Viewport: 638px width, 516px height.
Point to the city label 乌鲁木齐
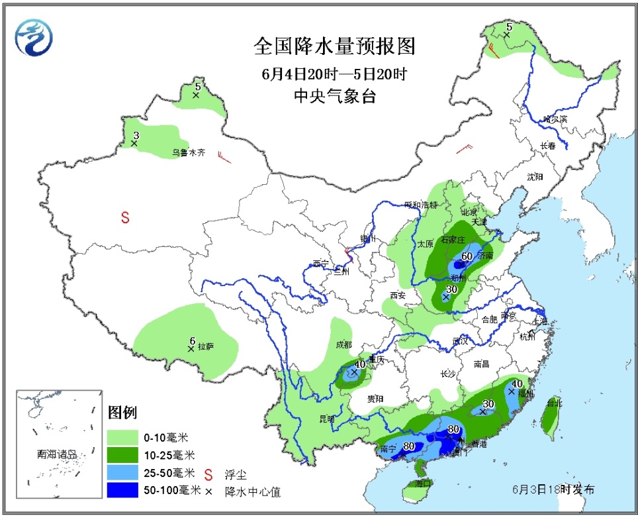click(x=189, y=152)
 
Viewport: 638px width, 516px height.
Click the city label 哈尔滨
click(x=555, y=119)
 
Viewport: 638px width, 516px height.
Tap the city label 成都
click(x=343, y=344)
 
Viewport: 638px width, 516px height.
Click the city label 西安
click(x=397, y=295)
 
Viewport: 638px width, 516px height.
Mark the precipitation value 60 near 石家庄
click(x=466, y=256)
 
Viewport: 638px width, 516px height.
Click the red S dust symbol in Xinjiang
click(x=124, y=217)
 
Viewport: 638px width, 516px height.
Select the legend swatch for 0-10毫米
click(x=122, y=437)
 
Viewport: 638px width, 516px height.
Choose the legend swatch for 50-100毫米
click(x=122, y=491)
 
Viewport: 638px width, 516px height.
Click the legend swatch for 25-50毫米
click(x=122, y=473)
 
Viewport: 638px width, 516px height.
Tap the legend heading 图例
click(x=122, y=412)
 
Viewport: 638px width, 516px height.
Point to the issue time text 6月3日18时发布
click(x=553, y=489)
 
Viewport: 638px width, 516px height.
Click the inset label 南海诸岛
click(x=58, y=454)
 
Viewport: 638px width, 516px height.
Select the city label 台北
click(x=554, y=402)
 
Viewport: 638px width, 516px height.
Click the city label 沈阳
click(x=534, y=177)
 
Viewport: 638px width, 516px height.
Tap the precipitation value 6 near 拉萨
click(x=193, y=340)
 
